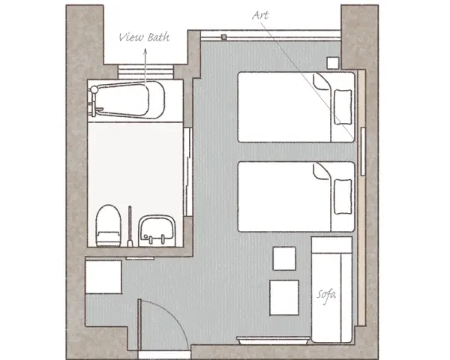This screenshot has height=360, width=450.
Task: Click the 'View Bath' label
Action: (144, 37)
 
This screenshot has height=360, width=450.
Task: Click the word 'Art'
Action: (260, 15)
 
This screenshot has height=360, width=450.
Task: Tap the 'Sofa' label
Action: (326, 295)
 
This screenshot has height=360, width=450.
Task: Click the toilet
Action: (108, 226)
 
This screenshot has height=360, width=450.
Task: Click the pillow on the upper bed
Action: (343, 106)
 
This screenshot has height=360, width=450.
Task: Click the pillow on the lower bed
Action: (343, 196)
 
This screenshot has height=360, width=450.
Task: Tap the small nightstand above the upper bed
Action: (333, 63)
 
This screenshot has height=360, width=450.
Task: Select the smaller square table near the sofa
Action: (284, 258)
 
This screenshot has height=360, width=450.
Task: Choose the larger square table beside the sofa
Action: (284, 298)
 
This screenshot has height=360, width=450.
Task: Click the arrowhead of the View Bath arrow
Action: (145, 52)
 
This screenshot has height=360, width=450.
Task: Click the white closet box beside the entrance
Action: (103, 277)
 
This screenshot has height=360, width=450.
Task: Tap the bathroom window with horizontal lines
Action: (145, 72)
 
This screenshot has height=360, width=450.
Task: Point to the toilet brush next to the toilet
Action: (130, 226)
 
